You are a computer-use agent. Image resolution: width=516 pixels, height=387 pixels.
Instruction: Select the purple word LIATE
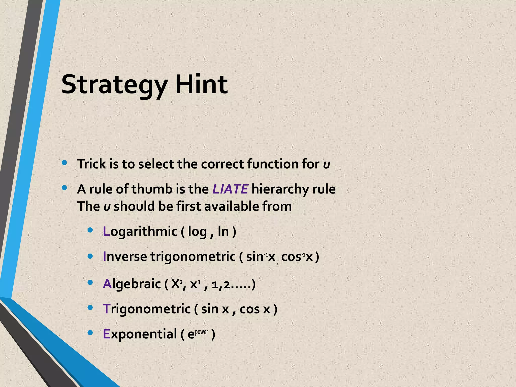coord(230,189)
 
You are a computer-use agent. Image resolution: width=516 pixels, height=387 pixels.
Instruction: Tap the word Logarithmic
coord(140,231)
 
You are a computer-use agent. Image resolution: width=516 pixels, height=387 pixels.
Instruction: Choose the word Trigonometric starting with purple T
coord(147,309)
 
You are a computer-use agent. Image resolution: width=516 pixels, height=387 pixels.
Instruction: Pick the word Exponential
coord(140,334)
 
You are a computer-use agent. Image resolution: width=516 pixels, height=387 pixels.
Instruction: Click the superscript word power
coord(202,332)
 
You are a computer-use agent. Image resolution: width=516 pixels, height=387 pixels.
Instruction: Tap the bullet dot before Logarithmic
coord(90,230)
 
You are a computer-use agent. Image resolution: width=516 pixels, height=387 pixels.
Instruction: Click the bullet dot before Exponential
coord(90,333)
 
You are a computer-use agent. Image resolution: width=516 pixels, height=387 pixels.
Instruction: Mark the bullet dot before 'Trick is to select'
coord(64,163)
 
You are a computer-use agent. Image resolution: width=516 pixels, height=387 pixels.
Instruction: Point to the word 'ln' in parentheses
coord(223,231)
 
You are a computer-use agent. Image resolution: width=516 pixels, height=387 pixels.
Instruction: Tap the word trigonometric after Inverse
coord(193,257)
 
